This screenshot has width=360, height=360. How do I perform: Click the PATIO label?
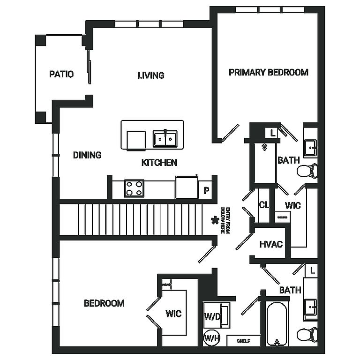click(x=61, y=74)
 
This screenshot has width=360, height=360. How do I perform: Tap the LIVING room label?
click(x=151, y=75)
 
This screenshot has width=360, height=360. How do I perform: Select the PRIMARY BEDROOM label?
click(x=268, y=72)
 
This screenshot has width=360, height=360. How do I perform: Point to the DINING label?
click(x=87, y=155)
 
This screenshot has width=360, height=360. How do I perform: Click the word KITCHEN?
click(x=159, y=163)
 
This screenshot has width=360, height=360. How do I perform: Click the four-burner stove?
click(x=134, y=188)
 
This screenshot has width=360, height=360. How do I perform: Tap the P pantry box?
click(x=205, y=190)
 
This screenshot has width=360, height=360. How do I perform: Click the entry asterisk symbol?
click(x=216, y=220)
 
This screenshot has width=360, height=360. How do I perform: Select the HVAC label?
click(x=271, y=244)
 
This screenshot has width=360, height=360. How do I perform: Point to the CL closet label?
click(x=264, y=205)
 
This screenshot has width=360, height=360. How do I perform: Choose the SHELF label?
click(x=242, y=341)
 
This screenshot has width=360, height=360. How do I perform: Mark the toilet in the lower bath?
click(x=307, y=335)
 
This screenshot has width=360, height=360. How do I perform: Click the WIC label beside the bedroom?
click(x=173, y=314)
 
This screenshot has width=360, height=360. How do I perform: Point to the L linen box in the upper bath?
click(x=272, y=133)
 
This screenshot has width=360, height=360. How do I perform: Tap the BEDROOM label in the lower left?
click(x=104, y=303)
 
